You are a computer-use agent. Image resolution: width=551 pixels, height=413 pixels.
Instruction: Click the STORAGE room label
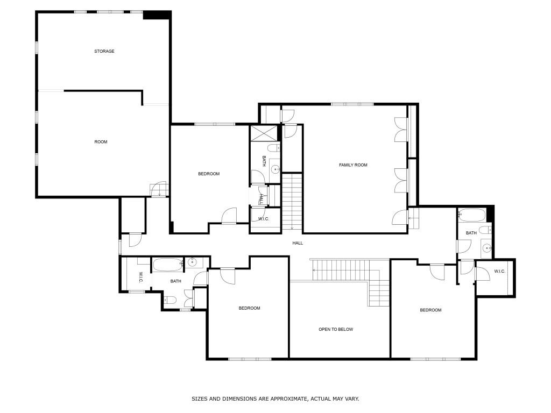pyautogui.click(x=104, y=51)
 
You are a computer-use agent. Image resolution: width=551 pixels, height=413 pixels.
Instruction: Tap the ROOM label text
pyautogui.click(x=101, y=142)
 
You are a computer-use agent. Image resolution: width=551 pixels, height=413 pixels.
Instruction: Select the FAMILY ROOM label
pyautogui.click(x=353, y=165)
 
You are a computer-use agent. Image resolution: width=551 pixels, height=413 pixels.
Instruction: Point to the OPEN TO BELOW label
pyautogui.click(x=336, y=330)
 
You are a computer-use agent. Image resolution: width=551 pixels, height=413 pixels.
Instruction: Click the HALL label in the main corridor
pyautogui.click(x=298, y=243)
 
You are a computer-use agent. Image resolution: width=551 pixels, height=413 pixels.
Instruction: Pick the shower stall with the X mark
pyautogui.click(x=264, y=133)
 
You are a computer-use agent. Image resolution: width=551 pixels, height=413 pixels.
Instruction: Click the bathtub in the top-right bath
pyautogui.click(x=472, y=215)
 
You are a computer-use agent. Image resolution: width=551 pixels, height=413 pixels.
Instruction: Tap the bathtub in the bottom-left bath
pyautogui.click(x=167, y=265)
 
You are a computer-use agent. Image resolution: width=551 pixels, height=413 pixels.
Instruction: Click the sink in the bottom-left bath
pyautogui.click(x=192, y=262)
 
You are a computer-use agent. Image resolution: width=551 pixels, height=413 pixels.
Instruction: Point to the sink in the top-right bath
pyautogui.click(x=486, y=248)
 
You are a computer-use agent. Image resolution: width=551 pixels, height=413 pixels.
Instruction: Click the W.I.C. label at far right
pyautogui.click(x=499, y=272)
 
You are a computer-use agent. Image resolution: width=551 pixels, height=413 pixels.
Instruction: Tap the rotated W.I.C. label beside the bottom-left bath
pyautogui.click(x=140, y=277)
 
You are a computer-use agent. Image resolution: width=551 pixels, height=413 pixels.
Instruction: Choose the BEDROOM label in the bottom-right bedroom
pyautogui.click(x=430, y=310)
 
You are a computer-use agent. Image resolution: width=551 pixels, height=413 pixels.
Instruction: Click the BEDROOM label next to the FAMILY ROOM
pyautogui.click(x=209, y=174)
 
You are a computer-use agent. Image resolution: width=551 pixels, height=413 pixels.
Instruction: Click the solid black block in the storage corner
pyautogui.click(x=157, y=15)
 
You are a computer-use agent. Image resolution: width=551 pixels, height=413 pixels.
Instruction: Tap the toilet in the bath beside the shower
pyautogui.click(x=273, y=148)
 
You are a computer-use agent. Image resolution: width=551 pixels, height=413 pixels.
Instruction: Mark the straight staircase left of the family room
pyautogui.click(x=292, y=202)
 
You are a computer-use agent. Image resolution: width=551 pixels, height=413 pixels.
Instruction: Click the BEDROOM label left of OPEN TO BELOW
pyautogui.click(x=250, y=308)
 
